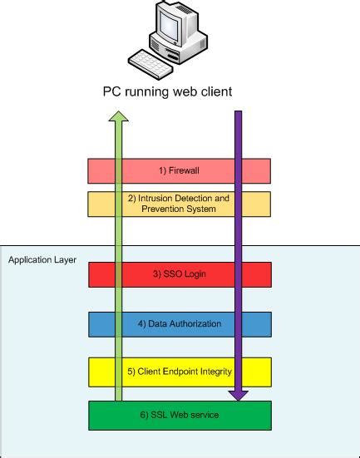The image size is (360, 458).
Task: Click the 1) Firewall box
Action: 179,170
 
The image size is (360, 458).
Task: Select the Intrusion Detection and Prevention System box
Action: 179,204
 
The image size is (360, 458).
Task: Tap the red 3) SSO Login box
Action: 179,274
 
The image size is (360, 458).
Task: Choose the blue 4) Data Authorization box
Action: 179,323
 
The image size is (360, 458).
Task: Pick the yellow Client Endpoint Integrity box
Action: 179,372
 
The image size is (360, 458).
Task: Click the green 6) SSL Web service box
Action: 179,415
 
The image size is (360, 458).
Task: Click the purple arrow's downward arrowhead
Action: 238,395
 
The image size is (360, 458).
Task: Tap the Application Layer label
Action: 42,260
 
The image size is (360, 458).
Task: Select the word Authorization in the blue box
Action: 190,323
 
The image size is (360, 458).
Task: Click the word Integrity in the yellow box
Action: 214,372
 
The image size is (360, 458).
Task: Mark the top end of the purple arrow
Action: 238,113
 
